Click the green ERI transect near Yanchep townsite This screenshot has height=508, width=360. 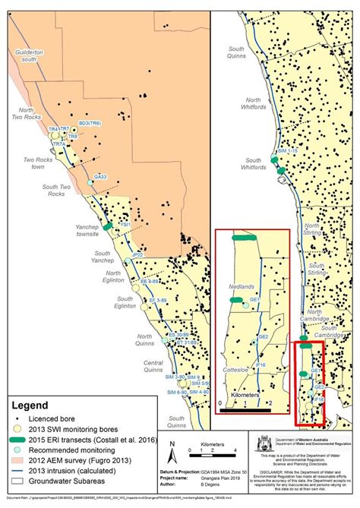pos(108,226)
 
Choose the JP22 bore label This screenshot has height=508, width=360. pos(137,255)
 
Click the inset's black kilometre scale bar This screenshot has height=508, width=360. pos(242,409)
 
